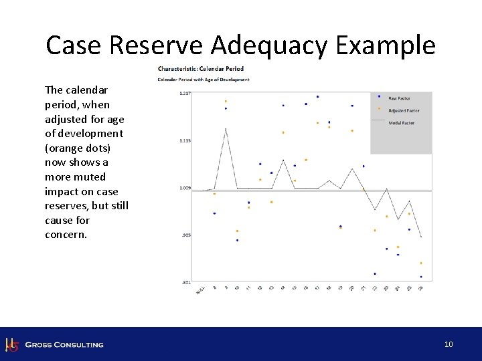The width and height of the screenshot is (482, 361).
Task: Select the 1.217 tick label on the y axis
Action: tap(185, 94)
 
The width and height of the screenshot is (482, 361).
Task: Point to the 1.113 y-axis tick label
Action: tap(185, 141)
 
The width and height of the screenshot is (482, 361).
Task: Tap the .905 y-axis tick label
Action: tap(187, 235)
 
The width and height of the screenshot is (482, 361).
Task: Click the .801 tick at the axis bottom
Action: tap(187, 282)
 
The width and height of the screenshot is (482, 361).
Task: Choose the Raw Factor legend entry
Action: tap(399, 98)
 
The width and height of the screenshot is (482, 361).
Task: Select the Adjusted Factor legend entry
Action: tap(404, 110)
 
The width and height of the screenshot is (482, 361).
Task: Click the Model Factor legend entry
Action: tap(401, 123)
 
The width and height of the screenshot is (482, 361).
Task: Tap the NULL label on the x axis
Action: tap(200, 289)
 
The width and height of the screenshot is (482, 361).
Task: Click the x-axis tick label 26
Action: tap(420, 288)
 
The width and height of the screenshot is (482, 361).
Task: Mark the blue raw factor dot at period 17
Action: tap(317, 96)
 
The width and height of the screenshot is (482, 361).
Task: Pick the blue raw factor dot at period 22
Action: tap(375, 273)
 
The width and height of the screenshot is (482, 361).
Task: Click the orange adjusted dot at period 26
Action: tap(421, 263)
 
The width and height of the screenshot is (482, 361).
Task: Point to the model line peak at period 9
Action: tap(226, 128)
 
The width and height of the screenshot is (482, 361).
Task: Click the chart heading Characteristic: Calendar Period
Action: tap(200, 68)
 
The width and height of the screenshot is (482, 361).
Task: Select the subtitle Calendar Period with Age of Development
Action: tap(203, 80)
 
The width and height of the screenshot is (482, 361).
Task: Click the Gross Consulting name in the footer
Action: tap(64, 345)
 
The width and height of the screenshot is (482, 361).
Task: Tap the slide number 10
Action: tap(449, 344)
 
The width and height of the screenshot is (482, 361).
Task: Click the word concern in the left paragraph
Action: tap(66, 235)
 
